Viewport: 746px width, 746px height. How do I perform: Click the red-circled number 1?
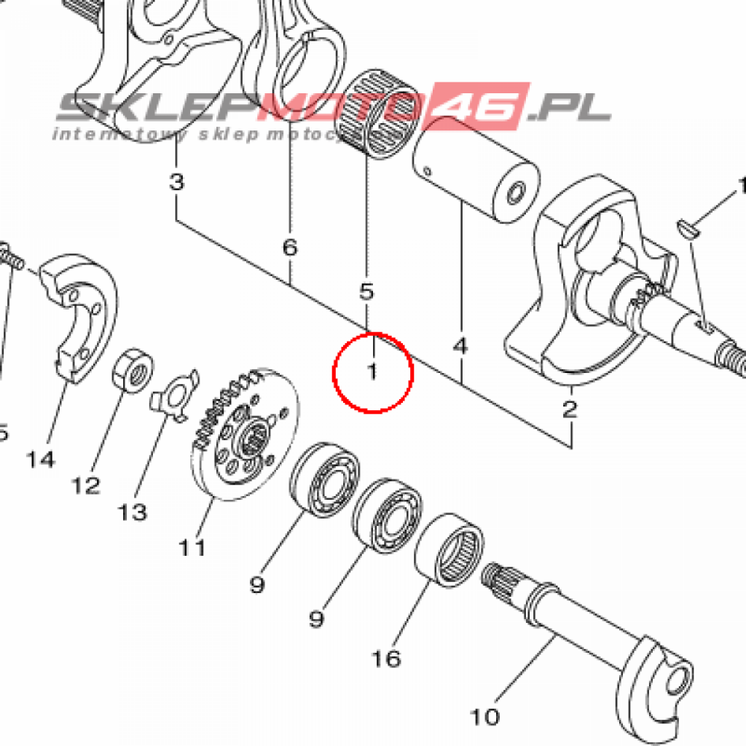[372, 372]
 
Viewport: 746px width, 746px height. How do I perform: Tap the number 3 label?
[177, 181]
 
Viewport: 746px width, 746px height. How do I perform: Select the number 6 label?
[290, 248]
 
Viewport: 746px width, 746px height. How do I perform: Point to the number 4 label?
[460, 346]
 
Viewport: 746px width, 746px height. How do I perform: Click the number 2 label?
[570, 408]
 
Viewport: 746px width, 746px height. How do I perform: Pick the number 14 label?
[41, 459]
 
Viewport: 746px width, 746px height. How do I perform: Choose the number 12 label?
[86, 485]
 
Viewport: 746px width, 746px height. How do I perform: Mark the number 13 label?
[133, 512]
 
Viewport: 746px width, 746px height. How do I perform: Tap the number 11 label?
[193, 546]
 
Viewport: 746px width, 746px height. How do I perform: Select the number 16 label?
[387, 659]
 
